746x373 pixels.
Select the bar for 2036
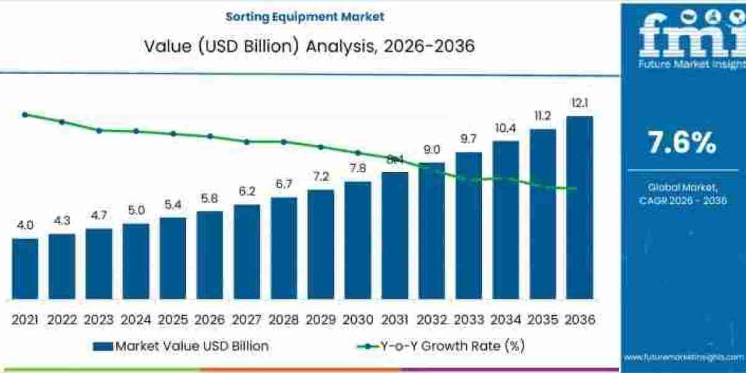(x=579, y=205)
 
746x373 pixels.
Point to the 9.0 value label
(x=431, y=149)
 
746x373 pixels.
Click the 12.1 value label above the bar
(x=579, y=103)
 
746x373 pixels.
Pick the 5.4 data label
(x=173, y=205)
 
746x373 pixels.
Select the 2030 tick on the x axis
(x=357, y=320)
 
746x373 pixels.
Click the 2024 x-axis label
(x=136, y=320)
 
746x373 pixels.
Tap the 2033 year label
(x=469, y=320)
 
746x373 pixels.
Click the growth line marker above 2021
(x=25, y=114)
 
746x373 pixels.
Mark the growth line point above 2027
(x=247, y=142)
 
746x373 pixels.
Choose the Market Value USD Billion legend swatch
(x=103, y=346)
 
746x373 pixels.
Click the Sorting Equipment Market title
(x=305, y=17)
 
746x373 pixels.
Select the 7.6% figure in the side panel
(x=682, y=144)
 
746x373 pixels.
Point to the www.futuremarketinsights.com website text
(x=684, y=357)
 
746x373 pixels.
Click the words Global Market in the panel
(x=683, y=186)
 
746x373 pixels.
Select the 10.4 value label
(x=505, y=128)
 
